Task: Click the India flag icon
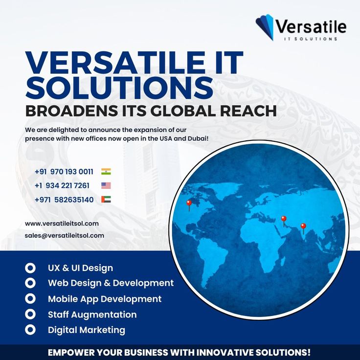tap(106, 172)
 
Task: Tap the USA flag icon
tap(106, 185)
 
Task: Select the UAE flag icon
tap(106, 199)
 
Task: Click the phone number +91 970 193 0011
tap(64, 172)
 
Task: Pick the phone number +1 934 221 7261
tap(62, 185)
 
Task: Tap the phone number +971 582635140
tap(64, 200)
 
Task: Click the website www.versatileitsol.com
tap(62, 224)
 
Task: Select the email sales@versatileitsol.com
tap(65, 236)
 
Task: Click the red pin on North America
tap(189, 205)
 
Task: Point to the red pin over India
tap(303, 228)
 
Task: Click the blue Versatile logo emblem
tap(265, 27)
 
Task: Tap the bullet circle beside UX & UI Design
tap(30, 268)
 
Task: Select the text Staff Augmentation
tap(92, 315)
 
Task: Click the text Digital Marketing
tap(87, 330)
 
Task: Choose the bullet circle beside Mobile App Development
tap(30, 299)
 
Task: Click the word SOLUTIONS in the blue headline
tap(119, 88)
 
